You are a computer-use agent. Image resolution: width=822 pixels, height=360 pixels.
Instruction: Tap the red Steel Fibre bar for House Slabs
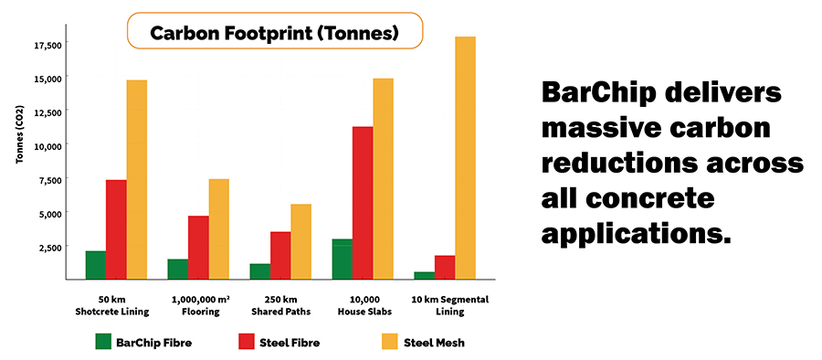click(363, 202)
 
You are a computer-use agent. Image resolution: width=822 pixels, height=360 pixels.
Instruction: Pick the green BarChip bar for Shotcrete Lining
click(96, 264)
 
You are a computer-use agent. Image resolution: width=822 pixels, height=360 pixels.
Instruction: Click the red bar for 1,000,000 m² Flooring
click(198, 247)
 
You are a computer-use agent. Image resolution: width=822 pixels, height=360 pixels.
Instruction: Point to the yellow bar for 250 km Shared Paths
click(300, 241)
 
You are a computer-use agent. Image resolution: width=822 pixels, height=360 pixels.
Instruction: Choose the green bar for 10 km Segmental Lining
click(424, 274)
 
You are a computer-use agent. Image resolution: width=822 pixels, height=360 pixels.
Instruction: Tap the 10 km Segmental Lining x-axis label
click(443, 305)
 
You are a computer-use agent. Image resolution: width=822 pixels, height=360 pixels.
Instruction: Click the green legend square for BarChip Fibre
click(103, 343)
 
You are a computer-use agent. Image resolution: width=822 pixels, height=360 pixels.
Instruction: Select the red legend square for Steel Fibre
click(246, 343)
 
